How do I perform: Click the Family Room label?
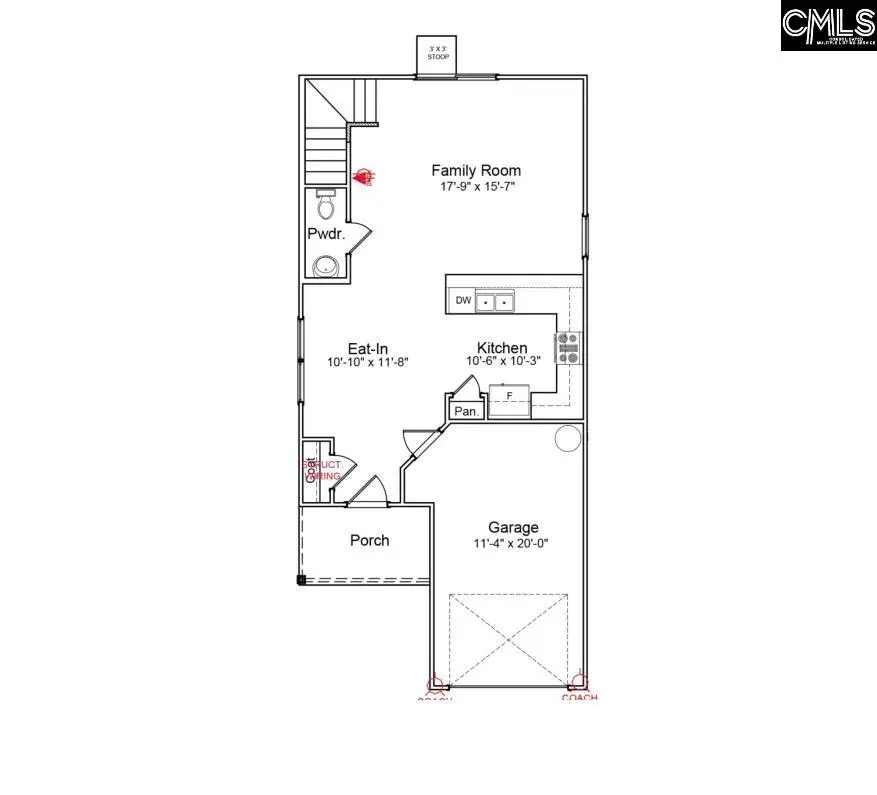tap(475, 170)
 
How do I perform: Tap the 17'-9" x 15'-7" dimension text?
tap(475, 186)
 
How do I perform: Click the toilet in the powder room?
tap(326, 204)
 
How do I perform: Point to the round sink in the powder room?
tap(325, 266)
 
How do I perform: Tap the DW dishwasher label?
tap(462, 300)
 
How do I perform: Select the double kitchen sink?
tap(495, 301)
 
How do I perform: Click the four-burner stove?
tap(568, 347)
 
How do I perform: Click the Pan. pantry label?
tap(465, 410)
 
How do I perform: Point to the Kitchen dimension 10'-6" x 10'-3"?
tap(502, 361)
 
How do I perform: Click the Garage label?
tap(513, 527)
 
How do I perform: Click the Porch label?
tap(369, 540)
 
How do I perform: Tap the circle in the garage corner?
tap(568, 437)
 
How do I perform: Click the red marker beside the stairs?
tap(364, 177)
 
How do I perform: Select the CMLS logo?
tap(828, 26)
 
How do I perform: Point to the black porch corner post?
tap(301, 579)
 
